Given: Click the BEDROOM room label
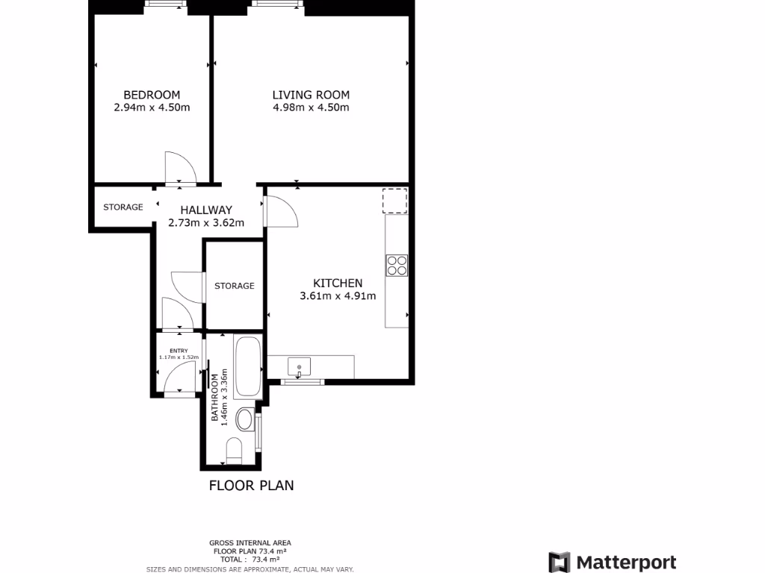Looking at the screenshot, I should [x=152, y=95].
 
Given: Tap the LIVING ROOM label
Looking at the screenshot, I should [x=311, y=95].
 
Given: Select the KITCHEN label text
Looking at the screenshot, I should [x=338, y=283].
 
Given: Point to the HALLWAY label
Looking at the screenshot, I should [x=200, y=210].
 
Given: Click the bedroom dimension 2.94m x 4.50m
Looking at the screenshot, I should [x=152, y=107].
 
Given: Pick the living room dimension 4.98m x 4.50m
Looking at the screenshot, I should [x=311, y=107].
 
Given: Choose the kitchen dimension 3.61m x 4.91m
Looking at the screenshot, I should [x=338, y=295].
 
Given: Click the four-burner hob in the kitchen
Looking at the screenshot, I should [x=397, y=265].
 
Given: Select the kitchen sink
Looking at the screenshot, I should [x=300, y=366].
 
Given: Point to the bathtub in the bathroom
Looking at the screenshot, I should [x=247, y=367].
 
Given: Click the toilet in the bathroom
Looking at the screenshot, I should [x=234, y=450].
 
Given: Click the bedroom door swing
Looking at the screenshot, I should [x=179, y=167].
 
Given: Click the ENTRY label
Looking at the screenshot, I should [x=179, y=351].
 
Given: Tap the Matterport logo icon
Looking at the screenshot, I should [x=560, y=562].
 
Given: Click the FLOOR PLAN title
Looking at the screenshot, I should [x=251, y=485].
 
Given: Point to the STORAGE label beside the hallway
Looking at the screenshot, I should [x=123, y=207].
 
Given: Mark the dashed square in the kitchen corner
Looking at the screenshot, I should [x=395, y=201].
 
